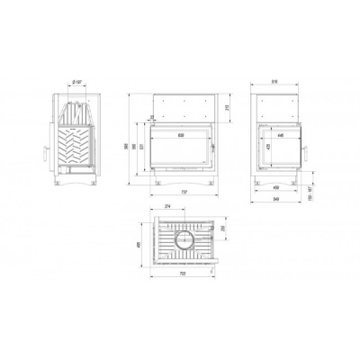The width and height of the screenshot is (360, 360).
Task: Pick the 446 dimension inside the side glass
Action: [x=281, y=135]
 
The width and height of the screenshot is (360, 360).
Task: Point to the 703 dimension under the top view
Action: [x=184, y=272]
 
